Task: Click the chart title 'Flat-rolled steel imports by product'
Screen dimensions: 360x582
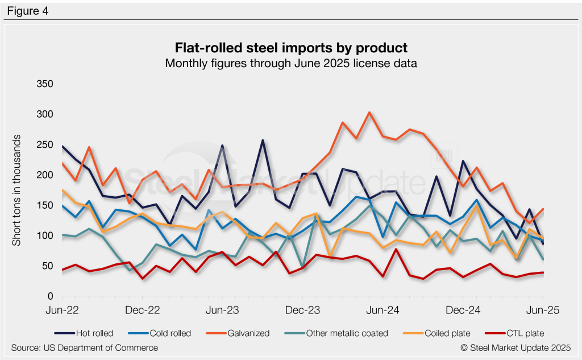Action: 291,47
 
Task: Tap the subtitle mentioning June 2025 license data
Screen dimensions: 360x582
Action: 291,63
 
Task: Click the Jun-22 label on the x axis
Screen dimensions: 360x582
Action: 63,311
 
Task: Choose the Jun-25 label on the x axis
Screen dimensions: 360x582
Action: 543,311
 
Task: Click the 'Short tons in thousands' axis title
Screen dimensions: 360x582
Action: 17,191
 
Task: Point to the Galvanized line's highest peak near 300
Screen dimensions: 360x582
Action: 369,112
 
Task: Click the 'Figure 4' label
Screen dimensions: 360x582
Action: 28,11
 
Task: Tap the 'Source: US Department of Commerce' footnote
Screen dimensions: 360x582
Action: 85,347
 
